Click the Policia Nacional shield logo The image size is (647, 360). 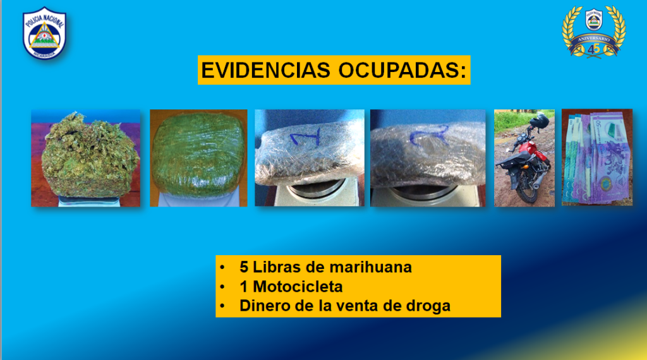44,33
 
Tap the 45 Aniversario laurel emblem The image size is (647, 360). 594,32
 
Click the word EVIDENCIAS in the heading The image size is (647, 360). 266,70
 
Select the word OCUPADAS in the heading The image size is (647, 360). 402,70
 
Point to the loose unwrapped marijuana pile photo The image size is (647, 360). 85,158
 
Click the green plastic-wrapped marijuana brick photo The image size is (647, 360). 198,158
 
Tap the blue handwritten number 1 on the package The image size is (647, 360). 306,137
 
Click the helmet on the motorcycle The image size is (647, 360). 540,120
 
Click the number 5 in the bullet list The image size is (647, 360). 244,267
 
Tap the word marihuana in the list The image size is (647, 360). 370,267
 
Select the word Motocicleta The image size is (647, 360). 298,287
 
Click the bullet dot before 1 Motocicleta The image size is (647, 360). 222,287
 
